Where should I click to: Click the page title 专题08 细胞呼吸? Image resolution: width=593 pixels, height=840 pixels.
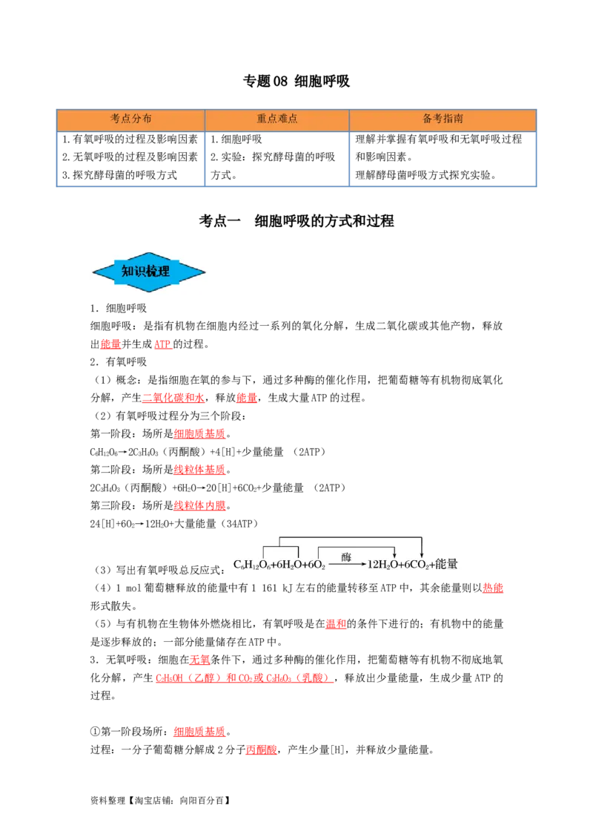(x=296, y=81)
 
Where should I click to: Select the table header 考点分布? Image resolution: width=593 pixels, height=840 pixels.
(x=130, y=119)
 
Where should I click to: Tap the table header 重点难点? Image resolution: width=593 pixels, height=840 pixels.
(x=276, y=119)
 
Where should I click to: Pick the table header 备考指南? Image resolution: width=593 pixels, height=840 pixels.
(x=443, y=119)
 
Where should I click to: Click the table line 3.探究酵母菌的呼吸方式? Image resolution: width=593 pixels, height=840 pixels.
(x=119, y=174)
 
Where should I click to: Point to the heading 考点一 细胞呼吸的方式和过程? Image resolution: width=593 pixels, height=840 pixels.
(x=296, y=220)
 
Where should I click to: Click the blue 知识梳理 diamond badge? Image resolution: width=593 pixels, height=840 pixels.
(x=149, y=272)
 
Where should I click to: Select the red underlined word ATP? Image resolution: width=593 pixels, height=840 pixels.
(x=162, y=344)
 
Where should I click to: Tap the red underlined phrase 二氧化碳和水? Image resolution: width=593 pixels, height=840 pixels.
(x=173, y=398)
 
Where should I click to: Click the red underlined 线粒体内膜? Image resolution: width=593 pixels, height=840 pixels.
(x=199, y=505)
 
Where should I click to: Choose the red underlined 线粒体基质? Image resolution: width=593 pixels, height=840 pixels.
(x=199, y=469)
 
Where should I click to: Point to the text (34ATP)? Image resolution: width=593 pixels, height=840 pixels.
(x=239, y=523)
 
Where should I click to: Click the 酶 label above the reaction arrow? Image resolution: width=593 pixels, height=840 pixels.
(x=346, y=557)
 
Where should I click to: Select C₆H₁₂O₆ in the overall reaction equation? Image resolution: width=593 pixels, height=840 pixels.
(x=251, y=565)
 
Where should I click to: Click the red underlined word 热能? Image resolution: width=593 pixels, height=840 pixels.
(x=493, y=588)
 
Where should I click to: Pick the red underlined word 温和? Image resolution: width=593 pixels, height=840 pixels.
(x=336, y=623)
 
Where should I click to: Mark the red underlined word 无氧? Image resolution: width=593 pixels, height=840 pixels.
(x=200, y=660)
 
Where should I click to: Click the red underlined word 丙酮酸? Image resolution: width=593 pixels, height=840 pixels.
(x=262, y=749)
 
